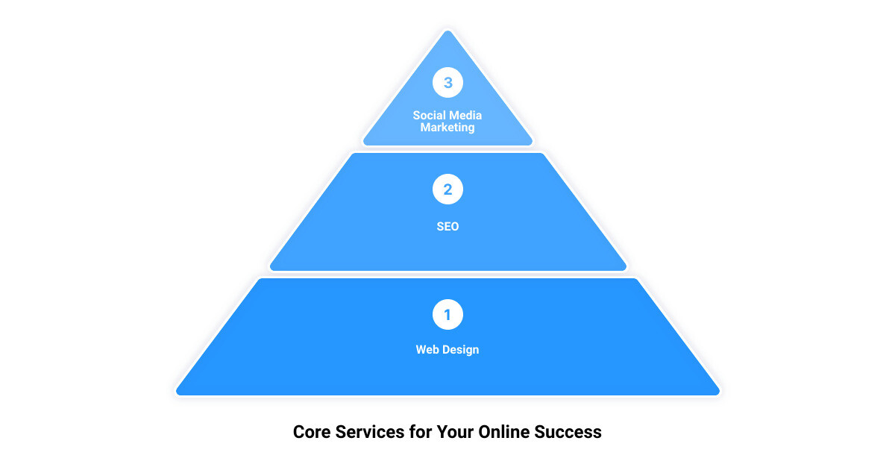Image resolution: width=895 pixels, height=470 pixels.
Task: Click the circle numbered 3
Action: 447,82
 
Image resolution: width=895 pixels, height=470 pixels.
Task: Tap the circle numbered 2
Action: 447,189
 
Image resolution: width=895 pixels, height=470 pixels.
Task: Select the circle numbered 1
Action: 447,315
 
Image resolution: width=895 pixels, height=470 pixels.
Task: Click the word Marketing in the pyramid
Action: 447,128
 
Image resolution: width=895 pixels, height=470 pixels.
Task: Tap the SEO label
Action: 447,226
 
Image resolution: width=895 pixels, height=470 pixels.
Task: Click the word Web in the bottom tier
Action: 427,349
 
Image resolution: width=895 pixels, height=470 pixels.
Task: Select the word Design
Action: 460,350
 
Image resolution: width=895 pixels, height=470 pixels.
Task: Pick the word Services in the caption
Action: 370,432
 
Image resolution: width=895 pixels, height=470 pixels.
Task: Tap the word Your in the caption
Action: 455,432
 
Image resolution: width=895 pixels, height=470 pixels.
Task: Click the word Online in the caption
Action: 504,432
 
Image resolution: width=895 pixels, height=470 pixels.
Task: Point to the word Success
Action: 568,432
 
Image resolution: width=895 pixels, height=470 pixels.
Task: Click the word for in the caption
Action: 421,432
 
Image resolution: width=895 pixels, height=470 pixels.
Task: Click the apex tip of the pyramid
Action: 447,31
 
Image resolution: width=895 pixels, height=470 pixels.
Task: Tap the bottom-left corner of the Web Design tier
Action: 177,394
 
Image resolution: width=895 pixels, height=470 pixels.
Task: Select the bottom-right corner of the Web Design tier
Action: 719,394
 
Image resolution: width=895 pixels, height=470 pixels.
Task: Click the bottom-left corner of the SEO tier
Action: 271,269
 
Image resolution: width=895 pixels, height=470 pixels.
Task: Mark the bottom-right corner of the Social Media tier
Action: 532,144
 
